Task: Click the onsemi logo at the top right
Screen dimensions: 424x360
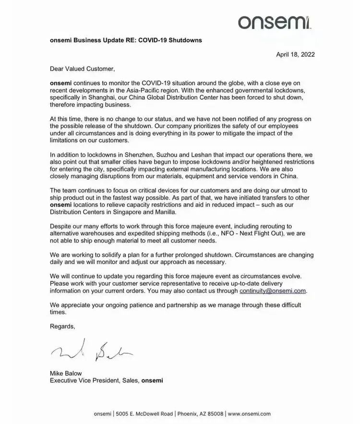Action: pos(276,21)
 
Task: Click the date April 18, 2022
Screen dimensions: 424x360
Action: pos(295,54)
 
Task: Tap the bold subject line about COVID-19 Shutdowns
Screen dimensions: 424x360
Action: pos(126,40)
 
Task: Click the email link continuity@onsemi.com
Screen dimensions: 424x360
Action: pos(273,291)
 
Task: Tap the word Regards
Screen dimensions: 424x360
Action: pos(62,326)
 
